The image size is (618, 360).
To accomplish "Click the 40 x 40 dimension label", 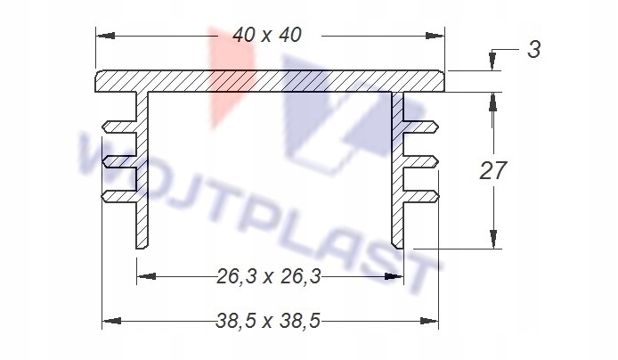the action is point(267,35).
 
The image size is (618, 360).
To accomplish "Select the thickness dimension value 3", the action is point(534,50).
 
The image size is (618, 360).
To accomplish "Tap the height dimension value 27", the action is point(492,171).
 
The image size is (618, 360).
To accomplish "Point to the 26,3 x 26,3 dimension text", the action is point(269,276).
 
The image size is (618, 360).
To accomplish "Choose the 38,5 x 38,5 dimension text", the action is point(268,322).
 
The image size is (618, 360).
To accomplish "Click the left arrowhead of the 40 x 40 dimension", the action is point(106,36).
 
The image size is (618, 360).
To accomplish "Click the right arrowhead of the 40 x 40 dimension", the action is point(435,36).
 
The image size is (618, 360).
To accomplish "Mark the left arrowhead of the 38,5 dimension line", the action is point(111,321).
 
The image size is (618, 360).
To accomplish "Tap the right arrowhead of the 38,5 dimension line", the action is point(429,321).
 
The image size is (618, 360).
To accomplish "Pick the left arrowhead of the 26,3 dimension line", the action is point(146,276).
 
